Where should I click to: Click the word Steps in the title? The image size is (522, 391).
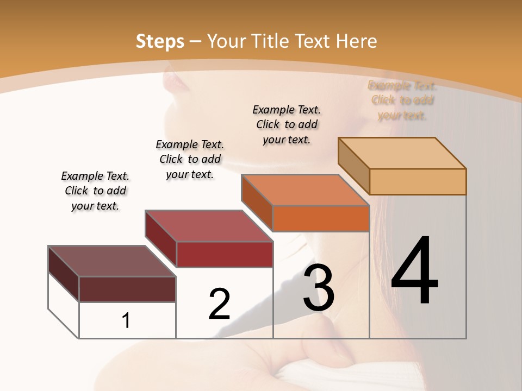click(160, 41)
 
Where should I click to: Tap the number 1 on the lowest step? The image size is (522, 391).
click(126, 320)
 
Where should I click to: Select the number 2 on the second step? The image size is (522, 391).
click(219, 304)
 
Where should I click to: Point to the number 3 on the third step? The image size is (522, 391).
click(319, 288)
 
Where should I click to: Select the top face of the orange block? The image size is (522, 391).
click(304, 190)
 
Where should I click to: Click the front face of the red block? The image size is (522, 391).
click(225, 254)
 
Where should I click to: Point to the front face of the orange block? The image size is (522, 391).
click(321, 218)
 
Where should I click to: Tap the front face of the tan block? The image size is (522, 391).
click(418, 181)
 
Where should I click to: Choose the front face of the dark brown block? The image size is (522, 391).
click(127, 289)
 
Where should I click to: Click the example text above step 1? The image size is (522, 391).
click(95, 191)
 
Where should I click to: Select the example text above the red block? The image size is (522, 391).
click(190, 159)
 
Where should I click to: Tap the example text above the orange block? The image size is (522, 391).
click(287, 124)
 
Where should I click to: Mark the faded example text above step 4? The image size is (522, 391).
click(402, 100)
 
